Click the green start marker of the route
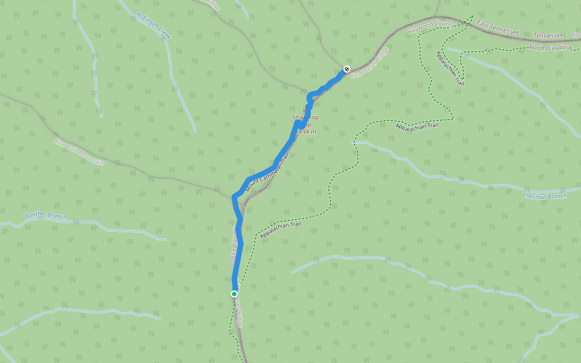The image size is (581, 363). tap(234, 294)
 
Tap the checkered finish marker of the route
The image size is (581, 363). tap(346, 69)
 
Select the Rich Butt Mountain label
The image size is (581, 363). tap(79, 152)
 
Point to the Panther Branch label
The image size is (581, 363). tap(46, 215)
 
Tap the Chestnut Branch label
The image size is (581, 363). tap(545, 196)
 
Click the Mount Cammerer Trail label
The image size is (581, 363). tap(268, 173)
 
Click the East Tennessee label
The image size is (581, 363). tap(498, 28)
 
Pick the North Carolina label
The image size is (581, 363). tap(550, 47)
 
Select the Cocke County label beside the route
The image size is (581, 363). tap(232, 248)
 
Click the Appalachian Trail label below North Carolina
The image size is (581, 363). tap(450, 68)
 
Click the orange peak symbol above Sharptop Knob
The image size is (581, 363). tap(304, 111)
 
